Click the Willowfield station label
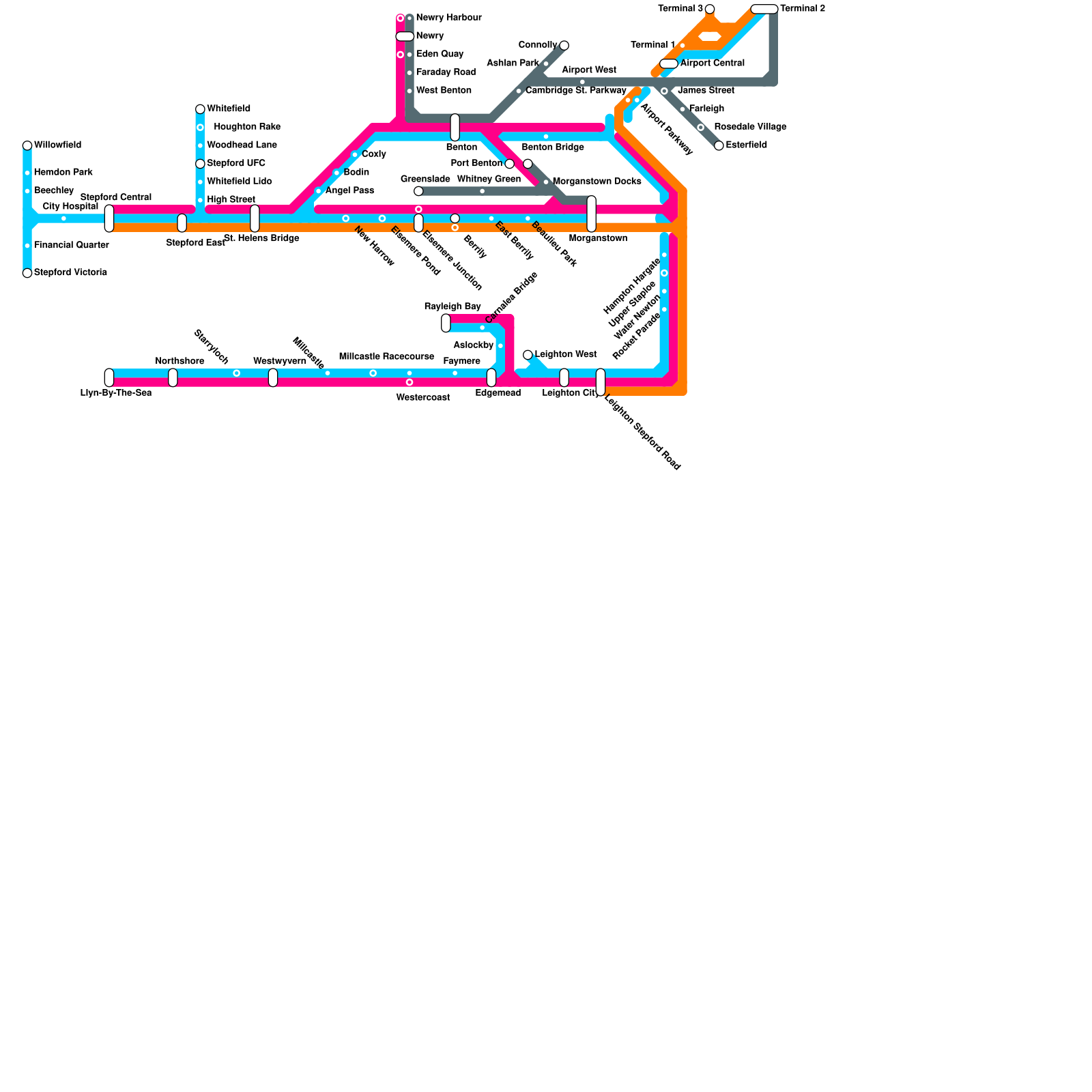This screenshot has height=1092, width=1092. click(57, 145)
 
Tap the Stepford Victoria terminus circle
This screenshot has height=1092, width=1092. click(27, 273)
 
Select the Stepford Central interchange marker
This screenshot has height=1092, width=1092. click(109, 218)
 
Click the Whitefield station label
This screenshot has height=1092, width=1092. click(228, 109)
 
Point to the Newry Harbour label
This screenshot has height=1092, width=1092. click(448, 18)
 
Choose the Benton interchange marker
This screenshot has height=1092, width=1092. click(455, 128)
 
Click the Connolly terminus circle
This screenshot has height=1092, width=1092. click(564, 46)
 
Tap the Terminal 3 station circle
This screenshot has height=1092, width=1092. click(710, 9)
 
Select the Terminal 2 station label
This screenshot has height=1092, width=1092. click(803, 9)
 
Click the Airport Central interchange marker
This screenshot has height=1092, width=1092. click(669, 63)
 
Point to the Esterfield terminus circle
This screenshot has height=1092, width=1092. click(719, 145)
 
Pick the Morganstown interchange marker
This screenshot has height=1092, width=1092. click(592, 214)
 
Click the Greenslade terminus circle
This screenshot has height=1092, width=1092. click(418, 191)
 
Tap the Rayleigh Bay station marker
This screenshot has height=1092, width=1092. click(446, 323)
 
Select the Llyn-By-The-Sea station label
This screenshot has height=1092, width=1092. click(116, 393)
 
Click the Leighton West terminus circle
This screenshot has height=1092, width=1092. click(528, 355)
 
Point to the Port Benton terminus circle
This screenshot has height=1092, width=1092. click(510, 164)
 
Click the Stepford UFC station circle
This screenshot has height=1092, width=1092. click(200, 164)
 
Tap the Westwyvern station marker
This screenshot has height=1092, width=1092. click(273, 377)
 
